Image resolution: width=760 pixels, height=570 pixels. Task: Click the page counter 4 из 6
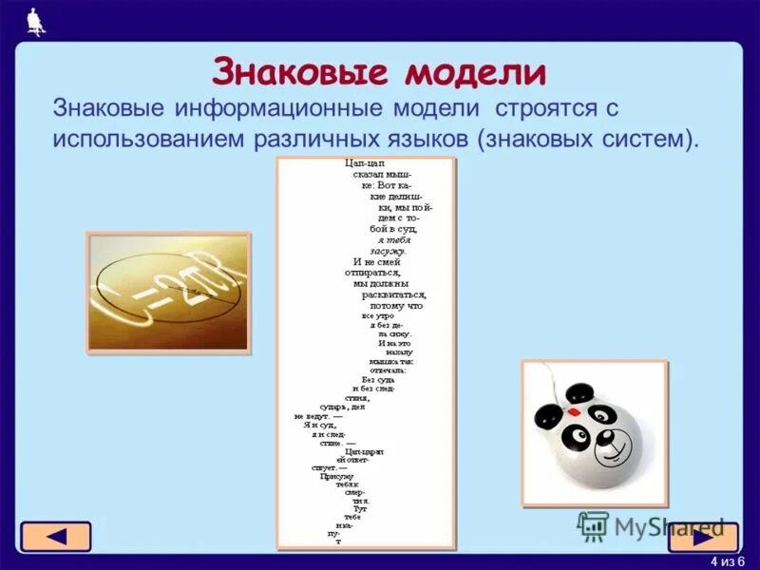[728, 560]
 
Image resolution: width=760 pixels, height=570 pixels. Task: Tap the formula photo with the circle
[168, 293]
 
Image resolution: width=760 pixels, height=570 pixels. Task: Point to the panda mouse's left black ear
[546, 415]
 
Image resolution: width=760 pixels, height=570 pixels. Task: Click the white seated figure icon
[36, 21]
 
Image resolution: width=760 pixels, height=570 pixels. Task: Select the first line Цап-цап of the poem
[362, 164]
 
